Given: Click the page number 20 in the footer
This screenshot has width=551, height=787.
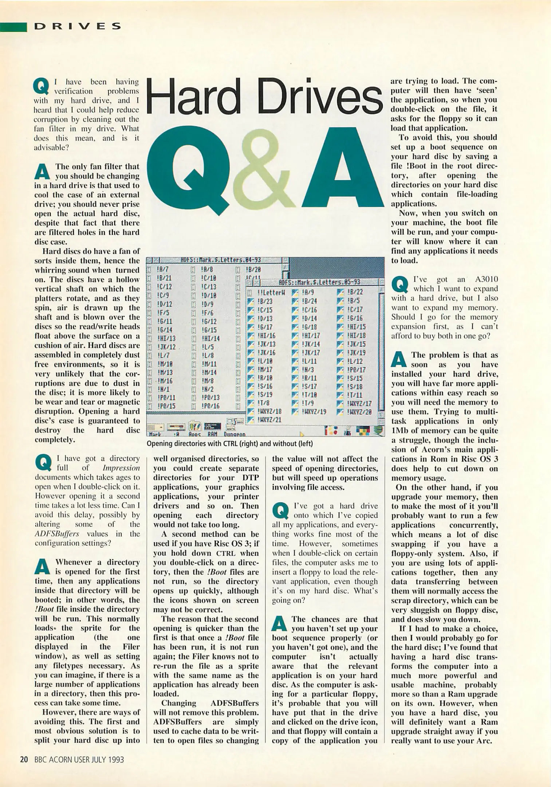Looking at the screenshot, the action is click(x=24, y=760).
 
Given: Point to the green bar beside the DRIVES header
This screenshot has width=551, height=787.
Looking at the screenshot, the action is click(x=14, y=27).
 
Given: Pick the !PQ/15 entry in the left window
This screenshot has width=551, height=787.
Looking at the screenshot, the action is click(x=166, y=406).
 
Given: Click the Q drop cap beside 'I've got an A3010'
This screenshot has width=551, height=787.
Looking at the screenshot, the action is click(x=400, y=285).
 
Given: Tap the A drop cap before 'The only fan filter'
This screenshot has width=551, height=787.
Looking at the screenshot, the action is click(x=42, y=172).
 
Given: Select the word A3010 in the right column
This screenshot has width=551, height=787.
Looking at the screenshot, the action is click(x=486, y=279).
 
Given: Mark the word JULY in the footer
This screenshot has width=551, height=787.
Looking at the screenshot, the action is click(x=97, y=760).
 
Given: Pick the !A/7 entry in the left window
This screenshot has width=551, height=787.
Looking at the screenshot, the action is click(x=163, y=270).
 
